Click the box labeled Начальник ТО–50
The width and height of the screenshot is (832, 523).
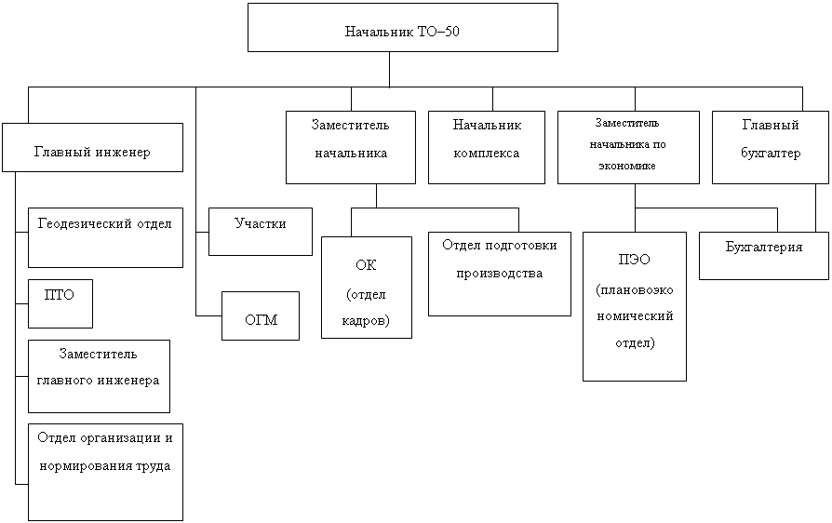(402, 28)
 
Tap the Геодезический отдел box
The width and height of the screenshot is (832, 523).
(105, 237)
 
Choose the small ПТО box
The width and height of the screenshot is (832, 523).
(60, 303)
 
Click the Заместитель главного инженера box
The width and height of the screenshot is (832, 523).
(99, 376)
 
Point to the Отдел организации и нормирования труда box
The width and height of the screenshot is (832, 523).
(105, 471)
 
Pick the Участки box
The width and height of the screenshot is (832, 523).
(260, 232)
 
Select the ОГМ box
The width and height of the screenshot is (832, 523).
(261, 315)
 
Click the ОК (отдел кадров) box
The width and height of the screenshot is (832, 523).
(367, 288)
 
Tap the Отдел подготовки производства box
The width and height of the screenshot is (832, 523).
(499, 275)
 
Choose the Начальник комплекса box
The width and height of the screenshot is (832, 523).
(486, 148)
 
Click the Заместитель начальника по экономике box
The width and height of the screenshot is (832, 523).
(628, 148)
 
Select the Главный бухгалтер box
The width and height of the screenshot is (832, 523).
(770, 148)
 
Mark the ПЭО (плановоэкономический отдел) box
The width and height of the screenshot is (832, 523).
(635, 306)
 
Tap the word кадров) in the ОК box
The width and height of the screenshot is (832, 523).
(367, 320)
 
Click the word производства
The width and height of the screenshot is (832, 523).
(499, 275)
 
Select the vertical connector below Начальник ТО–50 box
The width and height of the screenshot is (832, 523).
(389, 69)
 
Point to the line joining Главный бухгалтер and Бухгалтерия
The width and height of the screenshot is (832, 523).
(816, 207)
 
